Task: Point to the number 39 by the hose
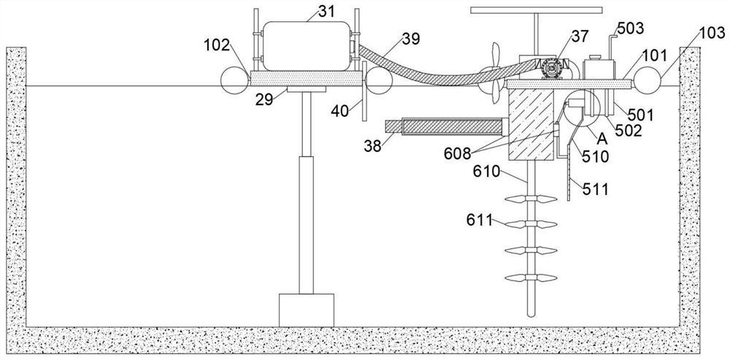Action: coord(411,39)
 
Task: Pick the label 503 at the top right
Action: coord(630,28)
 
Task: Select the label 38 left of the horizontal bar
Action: coord(373,145)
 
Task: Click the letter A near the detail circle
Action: coord(602,138)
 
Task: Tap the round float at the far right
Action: coord(648,79)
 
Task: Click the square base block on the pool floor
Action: coord(306,310)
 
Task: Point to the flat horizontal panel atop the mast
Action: coord(537,11)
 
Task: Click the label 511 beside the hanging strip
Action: coord(597,189)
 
